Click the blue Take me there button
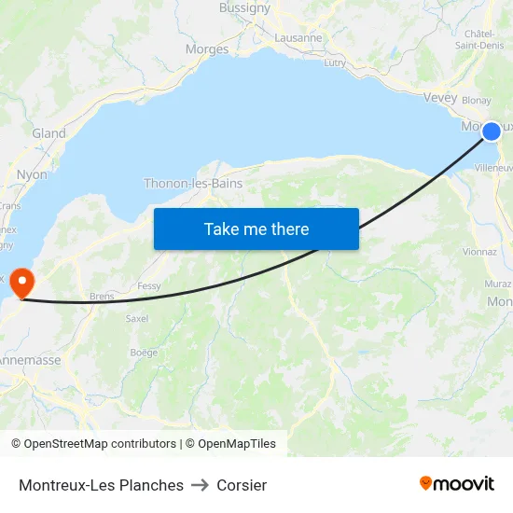coord(256,229)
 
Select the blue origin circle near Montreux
coord(491,132)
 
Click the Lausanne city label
coord(298,38)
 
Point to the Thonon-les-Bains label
coord(193,184)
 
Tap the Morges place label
coord(207,49)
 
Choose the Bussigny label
coord(244,7)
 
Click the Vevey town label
coord(440,98)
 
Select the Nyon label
coord(32,174)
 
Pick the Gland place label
coord(49,133)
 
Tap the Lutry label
coord(335,63)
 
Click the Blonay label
coord(477,101)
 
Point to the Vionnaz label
coord(479,251)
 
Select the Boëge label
coord(144,352)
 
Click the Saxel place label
coord(137,318)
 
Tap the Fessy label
coord(149,286)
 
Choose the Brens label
coord(103,296)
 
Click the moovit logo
coord(457,484)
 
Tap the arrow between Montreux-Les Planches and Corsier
coord(200,485)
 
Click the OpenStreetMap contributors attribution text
coord(93,444)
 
